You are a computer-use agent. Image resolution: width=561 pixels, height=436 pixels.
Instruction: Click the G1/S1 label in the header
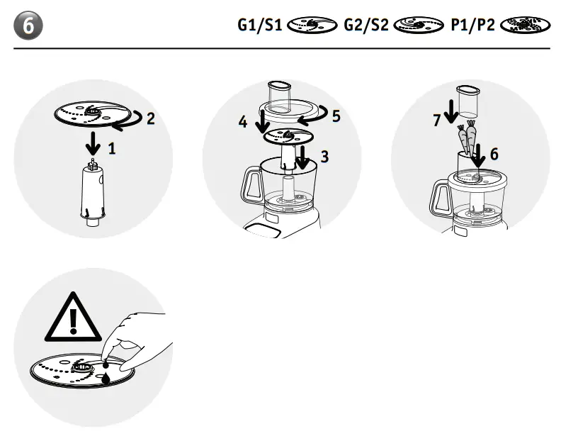coord(260,26)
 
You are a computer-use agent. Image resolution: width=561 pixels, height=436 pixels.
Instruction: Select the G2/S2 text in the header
coord(365,26)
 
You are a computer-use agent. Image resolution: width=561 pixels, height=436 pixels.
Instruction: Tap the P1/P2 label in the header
coord(473,26)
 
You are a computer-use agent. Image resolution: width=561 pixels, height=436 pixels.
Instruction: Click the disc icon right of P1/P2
coord(524,26)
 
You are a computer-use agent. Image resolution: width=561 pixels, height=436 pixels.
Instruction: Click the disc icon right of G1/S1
coord(312,26)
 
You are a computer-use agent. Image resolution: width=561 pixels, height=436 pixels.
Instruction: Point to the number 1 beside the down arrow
coord(112,150)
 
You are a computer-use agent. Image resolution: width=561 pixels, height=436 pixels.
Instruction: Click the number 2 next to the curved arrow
coord(151,118)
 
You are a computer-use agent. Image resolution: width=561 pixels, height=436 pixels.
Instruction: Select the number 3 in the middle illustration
coord(324,157)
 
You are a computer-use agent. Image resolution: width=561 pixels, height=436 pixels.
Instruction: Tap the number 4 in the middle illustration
coord(243,122)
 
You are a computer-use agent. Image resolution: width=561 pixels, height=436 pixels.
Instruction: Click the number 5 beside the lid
coord(336,114)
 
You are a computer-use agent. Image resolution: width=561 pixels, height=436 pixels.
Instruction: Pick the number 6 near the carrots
coord(494,154)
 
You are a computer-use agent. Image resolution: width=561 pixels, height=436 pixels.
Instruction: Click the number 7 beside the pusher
coord(437,121)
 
